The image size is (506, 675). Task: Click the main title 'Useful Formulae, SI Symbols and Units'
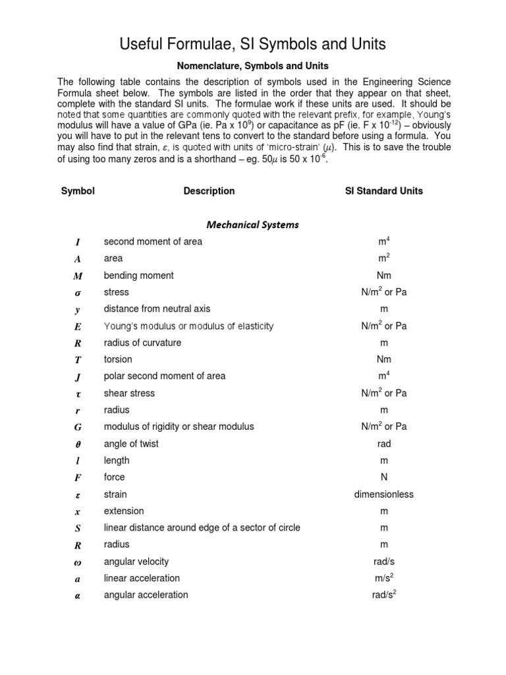[x=252, y=44]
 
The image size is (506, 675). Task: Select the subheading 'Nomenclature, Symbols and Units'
[x=252, y=67]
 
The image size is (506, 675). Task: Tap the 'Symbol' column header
[x=78, y=191]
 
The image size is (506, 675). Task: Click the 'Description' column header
[x=209, y=191]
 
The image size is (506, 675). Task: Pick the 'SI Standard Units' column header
[x=384, y=191]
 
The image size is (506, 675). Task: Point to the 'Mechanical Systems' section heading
[x=252, y=225]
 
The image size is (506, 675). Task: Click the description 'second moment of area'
[x=153, y=241]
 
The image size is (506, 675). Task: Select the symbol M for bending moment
[x=78, y=276]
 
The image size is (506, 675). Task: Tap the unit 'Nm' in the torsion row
[x=384, y=359]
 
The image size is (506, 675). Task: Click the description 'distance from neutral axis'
[x=157, y=308]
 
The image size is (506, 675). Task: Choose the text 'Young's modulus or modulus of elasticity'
[x=188, y=326]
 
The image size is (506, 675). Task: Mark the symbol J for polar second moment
[x=78, y=376]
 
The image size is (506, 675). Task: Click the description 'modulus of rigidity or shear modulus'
[x=179, y=426]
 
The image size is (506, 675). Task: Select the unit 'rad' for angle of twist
[x=384, y=444]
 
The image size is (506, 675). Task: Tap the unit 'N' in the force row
[x=384, y=477]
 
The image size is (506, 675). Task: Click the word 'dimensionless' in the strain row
[x=384, y=494]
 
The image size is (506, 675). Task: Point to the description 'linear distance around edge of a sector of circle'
[x=202, y=527]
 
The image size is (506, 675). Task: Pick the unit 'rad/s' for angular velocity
[x=384, y=562]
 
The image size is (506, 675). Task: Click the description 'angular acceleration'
[x=146, y=595]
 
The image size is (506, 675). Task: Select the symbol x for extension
[x=78, y=512]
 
